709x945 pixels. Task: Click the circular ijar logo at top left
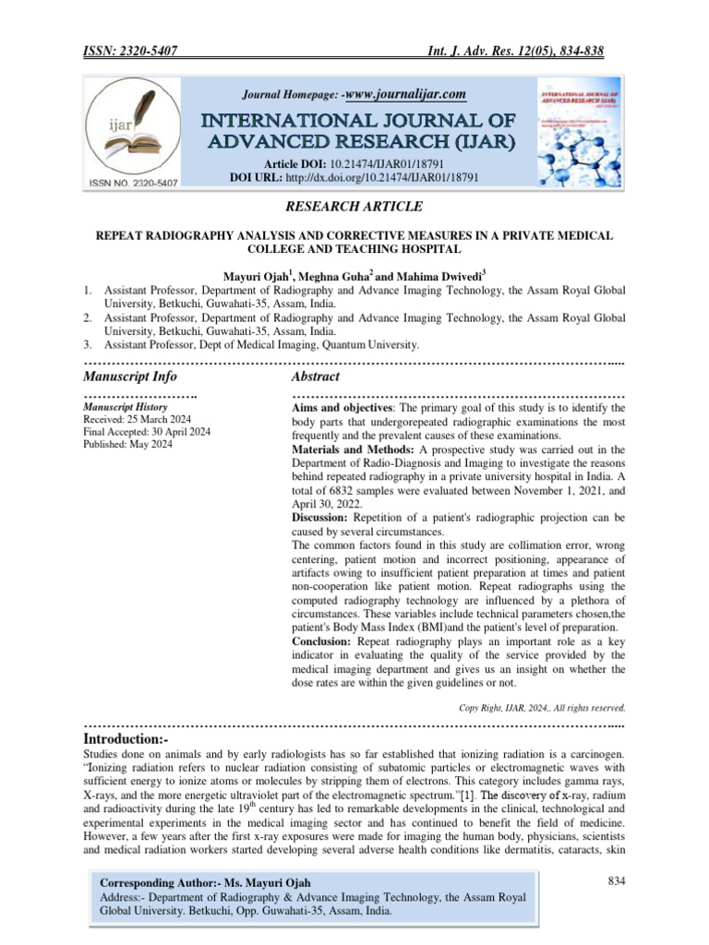coord(134,135)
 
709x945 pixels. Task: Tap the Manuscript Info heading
coord(130,377)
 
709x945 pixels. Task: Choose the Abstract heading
coord(316,377)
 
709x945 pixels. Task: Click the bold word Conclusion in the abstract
coord(325,640)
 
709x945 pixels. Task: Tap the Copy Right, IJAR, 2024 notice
coord(542,708)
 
